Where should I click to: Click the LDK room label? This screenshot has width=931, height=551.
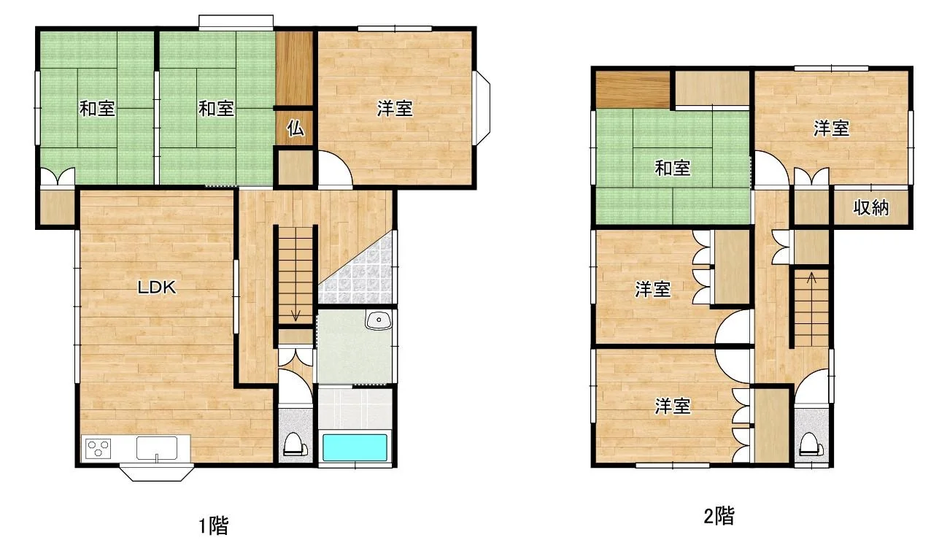(x=157, y=288)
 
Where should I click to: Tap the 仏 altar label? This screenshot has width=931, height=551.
(x=295, y=128)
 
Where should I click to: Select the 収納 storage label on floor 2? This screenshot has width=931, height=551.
(x=871, y=207)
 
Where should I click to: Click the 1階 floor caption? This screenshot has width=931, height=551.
(x=214, y=525)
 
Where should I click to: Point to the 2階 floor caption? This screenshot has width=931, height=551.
(x=719, y=517)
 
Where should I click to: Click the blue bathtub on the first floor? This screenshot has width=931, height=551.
(x=355, y=447)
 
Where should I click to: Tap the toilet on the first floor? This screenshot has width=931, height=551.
(x=295, y=445)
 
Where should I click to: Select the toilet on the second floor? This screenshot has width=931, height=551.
(x=812, y=445)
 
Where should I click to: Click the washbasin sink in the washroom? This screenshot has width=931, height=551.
(x=379, y=320)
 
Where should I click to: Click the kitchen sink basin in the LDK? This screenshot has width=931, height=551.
(x=157, y=448)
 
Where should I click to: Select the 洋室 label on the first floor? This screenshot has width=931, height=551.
(x=395, y=109)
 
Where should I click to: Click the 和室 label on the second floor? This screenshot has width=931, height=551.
(x=673, y=168)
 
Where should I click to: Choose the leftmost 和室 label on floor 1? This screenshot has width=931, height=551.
(x=97, y=109)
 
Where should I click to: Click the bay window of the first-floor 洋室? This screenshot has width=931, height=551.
(x=482, y=109)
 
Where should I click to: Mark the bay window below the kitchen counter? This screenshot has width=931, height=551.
(x=157, y=473)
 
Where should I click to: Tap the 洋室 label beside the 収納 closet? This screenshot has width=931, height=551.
(x=831, y=128)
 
